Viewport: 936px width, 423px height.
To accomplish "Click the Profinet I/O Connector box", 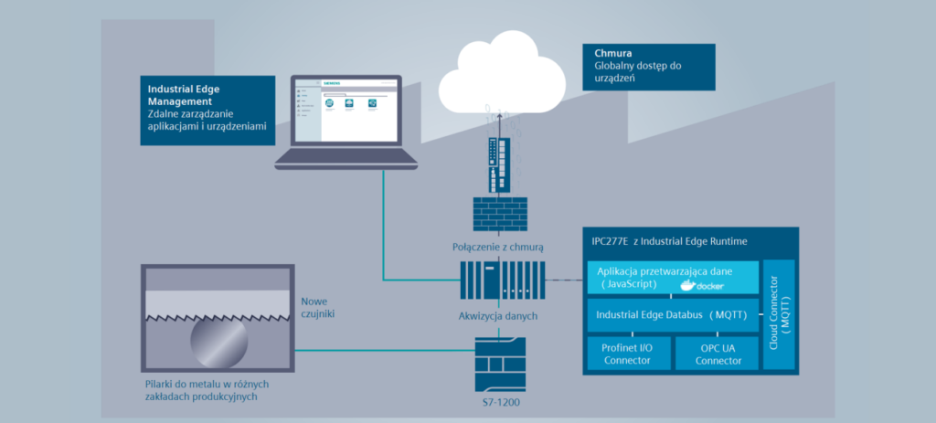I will (627, 353).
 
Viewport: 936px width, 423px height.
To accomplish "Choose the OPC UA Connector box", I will (718, 353).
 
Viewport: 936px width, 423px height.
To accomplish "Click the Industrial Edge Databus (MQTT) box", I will (673, 314).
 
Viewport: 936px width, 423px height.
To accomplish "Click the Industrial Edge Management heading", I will (190, 95).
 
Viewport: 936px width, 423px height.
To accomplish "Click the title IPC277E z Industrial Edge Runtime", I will (670, 240).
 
